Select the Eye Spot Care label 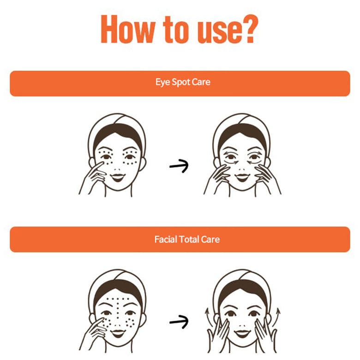click(x=183, y=82)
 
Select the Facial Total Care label click(x=187, y=239)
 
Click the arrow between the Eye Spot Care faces click(x=179, y=166)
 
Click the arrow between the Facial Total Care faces click(x=179, y=322)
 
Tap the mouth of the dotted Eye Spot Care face click(x=118, y=177)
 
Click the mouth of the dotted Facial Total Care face click(x=118, y=333)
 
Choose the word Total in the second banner click(x=189, y=239)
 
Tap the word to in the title click(x=176, y=30)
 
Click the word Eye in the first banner click(x=162, y=82)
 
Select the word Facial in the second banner click(x=166, y=239)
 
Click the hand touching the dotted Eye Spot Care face click(x=93, y=178)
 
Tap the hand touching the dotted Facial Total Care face click(x=93, y=334)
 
